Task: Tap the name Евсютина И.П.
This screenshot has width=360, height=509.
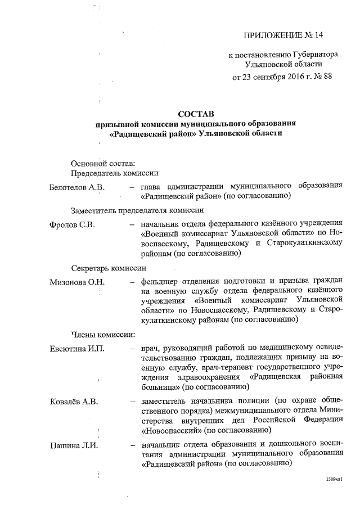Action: click(77, 348)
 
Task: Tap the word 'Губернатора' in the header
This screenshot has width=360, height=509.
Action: click(315, 55)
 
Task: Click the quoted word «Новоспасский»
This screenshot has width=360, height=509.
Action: click(169, 430)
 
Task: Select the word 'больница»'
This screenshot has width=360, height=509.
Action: click(157, 387)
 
